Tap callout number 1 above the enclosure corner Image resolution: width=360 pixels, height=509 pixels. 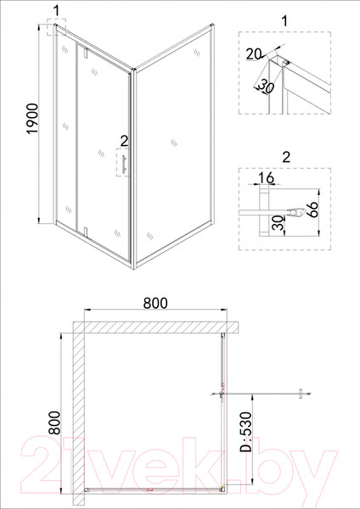click(x=55, y=10)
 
